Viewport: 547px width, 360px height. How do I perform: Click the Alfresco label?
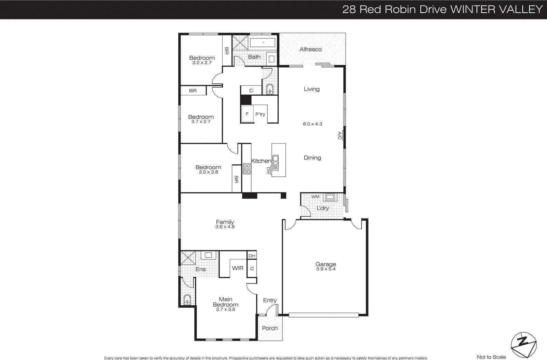click(x=310, y=49)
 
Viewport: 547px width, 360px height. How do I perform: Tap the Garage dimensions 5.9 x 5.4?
click(x=326, y=269)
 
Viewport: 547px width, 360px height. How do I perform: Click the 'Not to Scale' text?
click(x=491, y=357)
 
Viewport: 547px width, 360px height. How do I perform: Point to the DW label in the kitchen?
click(x=268, y=170)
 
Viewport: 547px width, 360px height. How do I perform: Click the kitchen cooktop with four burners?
click(x=247, y=169)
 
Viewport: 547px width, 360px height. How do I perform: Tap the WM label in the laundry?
click(x=315, y=197)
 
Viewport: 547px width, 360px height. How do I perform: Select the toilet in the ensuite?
click(x=187, y=300)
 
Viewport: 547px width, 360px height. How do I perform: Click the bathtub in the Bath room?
click(x=263, y=43)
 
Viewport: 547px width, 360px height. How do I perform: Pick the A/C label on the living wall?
click(x=339, y=135)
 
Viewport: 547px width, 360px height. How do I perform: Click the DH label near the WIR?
click(x=252, y=256)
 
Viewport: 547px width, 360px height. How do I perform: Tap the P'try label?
click(x=260, y=114)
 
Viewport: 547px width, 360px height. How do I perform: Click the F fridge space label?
click(x=247, y=114)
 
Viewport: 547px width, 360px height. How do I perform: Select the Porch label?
click(x=270, y=328)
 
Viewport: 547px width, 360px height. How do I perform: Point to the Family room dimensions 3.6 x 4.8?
click(x=225, y=227)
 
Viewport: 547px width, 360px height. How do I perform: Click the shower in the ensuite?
click(x=188, y=258)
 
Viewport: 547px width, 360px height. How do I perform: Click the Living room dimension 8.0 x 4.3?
click(x=312, y=124)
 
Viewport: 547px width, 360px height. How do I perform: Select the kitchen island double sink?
click(x=276, y=162)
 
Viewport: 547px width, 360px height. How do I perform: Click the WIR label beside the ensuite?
click(x=238, y=268)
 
